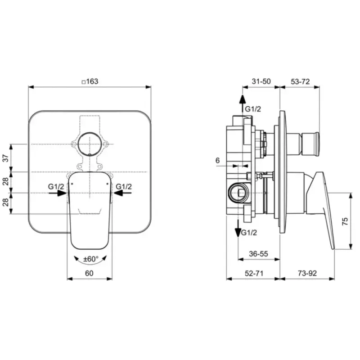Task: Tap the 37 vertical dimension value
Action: click(6, 158)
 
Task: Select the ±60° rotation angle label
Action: click(91, 259)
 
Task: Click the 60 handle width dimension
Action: click(89, 273)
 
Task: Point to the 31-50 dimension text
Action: click(261, 81)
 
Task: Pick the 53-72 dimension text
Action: click(300, 81)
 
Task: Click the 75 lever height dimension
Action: click(345, 221)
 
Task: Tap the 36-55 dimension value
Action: click(258, 254)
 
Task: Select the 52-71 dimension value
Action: click(254, 273)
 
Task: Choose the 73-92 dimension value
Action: click(307, 273)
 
